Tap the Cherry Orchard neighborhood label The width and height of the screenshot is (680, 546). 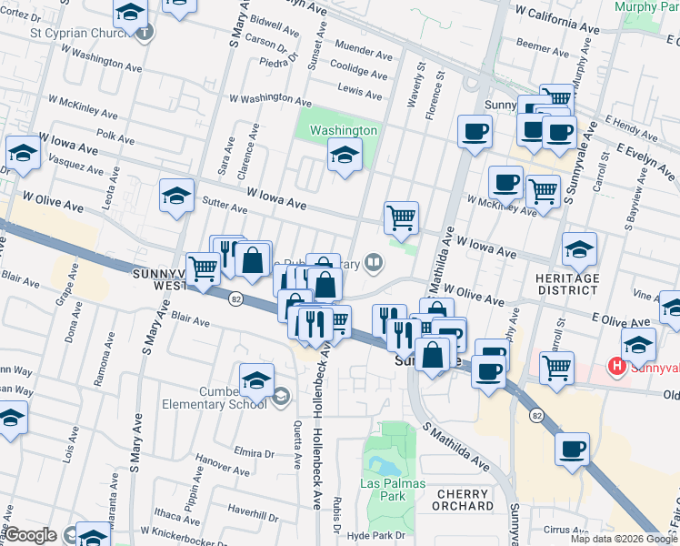click(x=465, y=500)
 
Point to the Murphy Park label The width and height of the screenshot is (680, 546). click(x=646, y=6)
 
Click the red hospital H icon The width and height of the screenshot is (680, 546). click(x=616, y=367)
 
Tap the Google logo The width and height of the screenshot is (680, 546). click(x=29, y=535)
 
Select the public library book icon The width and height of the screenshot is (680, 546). click(x=372, y=264)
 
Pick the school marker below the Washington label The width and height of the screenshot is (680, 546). click(x=345, y=157)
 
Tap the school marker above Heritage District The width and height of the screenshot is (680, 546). click(x=579, y=248)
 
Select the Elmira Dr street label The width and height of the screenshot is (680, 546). click(x=254, y=452)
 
